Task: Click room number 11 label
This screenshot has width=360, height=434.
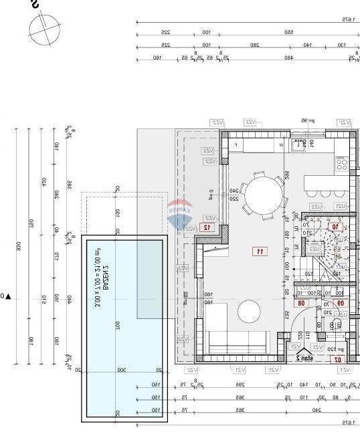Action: pyautogui.click(x=259, y=251)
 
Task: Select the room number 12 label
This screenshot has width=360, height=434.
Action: pyautogui.click(x=207, y=227)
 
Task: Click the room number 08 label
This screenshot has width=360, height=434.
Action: pyautogui.click(x=301, y=303)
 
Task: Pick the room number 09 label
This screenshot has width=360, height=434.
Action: pyautogui.click(x=340, y=303)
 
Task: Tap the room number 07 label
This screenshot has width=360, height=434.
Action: pyautogui.click(x=339, y=359)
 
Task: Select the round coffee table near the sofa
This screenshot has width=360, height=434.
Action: pyautogui.click(x=250, y=312)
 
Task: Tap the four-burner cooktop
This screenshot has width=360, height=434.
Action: pyautogui.click(x=342, y=162)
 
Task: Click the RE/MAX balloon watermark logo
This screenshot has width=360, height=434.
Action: pyautogui.click(x=179, y=210)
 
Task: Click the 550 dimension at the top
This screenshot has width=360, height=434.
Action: pyautogui.click(x=289, y=32)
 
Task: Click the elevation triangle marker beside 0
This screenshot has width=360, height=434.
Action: pyautogui.click(x=8, y=296)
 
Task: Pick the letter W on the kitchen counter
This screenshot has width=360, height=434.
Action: pyautogui.click(x=281, y=144)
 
